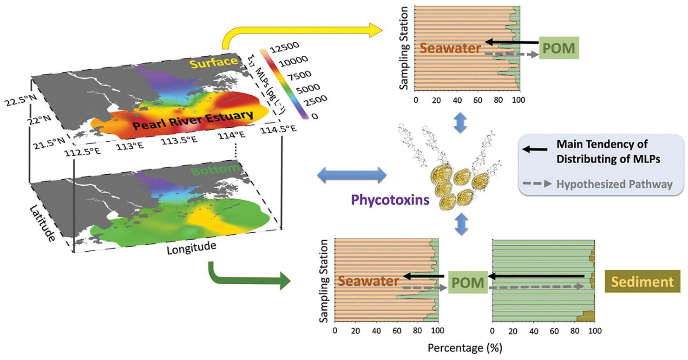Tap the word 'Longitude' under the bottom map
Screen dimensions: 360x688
tap(191, 248)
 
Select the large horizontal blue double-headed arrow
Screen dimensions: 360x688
tap(351, 176)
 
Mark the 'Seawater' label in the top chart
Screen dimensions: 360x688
tap(451, 47)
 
